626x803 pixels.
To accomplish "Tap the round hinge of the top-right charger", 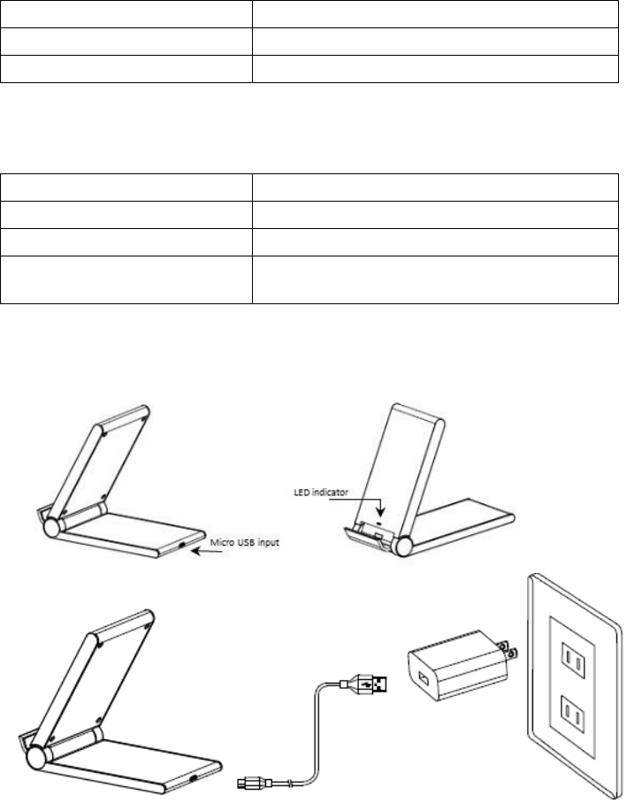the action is point(406,545).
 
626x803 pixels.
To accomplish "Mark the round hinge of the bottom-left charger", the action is point(36,757).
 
